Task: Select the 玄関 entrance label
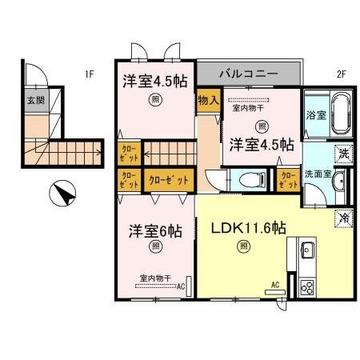[36, 100]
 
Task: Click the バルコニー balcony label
[249, 73]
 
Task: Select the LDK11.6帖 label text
[249, 229]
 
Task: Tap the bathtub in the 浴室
[341, 115]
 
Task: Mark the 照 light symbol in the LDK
[242, 247]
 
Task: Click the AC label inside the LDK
[274, 285]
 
